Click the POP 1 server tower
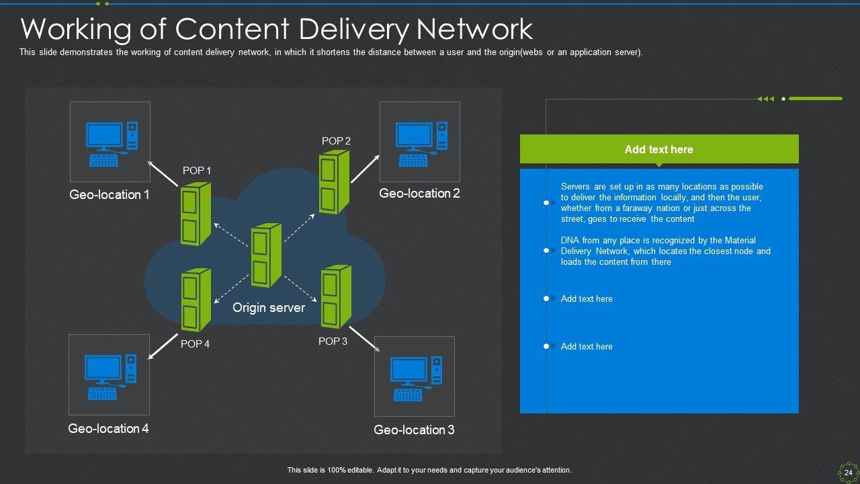pyautogui.click(x=196, y=214)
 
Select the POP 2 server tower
pyautogui.click(x=334, y=182)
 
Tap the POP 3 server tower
pyautogui.click(x=336, y=296)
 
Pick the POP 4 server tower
pyautogui.click(x=196, y=300)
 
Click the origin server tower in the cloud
pyautogui.click(x=266, y=256)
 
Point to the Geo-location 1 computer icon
pyautogui.click(x=111, y=143)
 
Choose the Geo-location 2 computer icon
pyautogui.click(x=420, y=143)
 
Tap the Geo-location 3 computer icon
pyautogui.click(x=415, y=378)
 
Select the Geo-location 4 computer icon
pyautogui.click(x=110, y=376)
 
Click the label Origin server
pyautogui.click(x=269, y=308)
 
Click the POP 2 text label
pyautogui.click(x=336, y=141)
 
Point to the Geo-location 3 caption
pyautogui.click(x=414, y=430)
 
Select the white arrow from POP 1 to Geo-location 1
pyautogui.click(x=164, y=173)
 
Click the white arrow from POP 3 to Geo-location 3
pyautogui.click(x=364, y=339)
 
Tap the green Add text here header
pyautogui.click(x=658, y=149)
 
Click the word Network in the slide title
pyautogui.click(x=474, y=30)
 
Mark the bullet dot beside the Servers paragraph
pyautogui.click(x=546, y=202)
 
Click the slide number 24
pyautogui.click(x=848, y=473)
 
